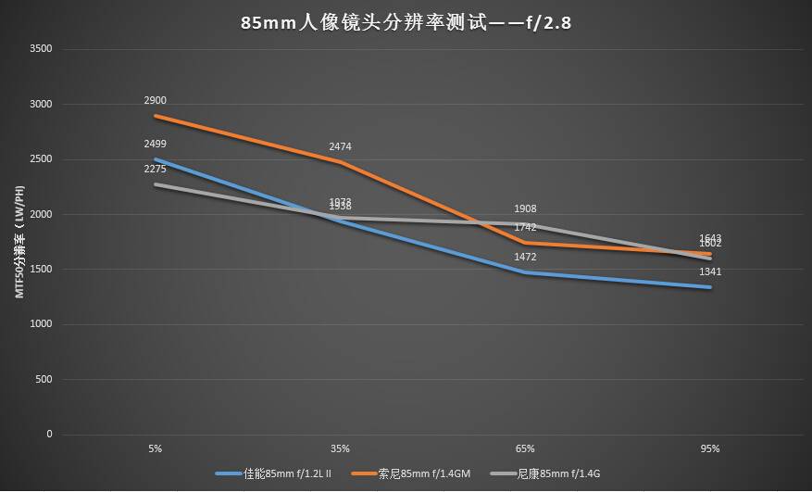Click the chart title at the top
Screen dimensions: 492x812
[406, 22]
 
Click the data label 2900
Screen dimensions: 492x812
[155, 100]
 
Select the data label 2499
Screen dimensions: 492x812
[155, 144]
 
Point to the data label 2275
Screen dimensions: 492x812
[155, 169]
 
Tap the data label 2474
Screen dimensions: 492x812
[340, 146]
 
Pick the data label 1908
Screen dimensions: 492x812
[525, 209]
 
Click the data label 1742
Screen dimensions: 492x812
[525, 227]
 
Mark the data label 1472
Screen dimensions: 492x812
[525, 257]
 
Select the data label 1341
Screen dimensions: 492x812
[710, 271]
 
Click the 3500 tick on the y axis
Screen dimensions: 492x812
[42, 49]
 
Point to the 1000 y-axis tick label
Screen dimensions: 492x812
[42, 324]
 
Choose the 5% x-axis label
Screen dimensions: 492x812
[155, 449]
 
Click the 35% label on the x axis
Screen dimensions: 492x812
[340, 449]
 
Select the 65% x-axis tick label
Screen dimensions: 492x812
[525, 449]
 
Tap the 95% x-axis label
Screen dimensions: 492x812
[710, 449]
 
